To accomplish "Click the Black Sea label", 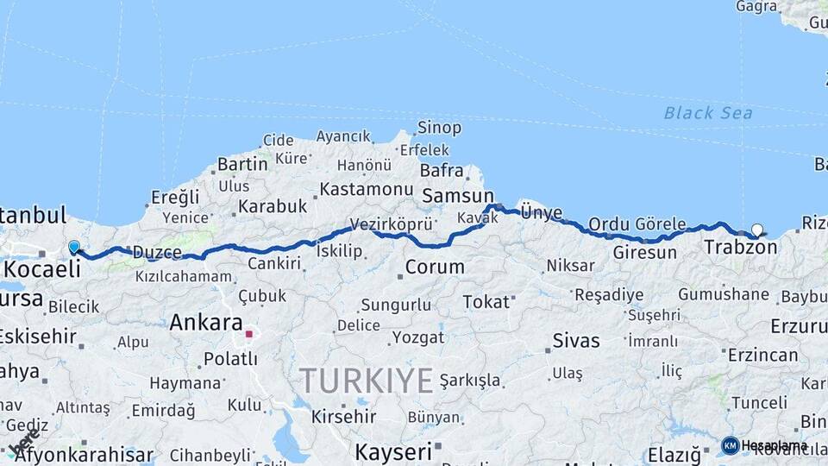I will coord(707,113).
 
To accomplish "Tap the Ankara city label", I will coord(206,324).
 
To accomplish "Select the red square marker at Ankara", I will coord(248,333).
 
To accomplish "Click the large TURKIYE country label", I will coord(367,380).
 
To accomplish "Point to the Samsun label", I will coord(457,196).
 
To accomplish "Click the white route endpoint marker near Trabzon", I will coord(756,230).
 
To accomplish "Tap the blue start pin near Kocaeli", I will coord(74,248).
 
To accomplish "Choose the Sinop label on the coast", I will coord(439,128).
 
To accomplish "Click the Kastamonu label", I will coord(367,188).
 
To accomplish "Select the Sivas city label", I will coord(575,340).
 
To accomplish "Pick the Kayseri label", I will coord(392,451).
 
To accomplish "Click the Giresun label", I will coord(644,253).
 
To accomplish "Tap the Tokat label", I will coord(486,301).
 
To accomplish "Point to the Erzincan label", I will coord(762,355).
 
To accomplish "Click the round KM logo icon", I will coord(730,445).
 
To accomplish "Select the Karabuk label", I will coord(273,206).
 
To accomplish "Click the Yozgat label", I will coord(417,337).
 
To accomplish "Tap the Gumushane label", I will coord(723,294).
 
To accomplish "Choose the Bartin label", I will coord(242,164).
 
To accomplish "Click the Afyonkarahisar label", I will coord(84,455).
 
